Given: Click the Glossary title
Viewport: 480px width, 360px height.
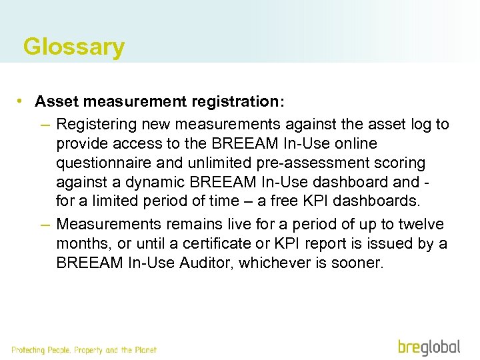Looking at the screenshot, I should click(x=73, y=47).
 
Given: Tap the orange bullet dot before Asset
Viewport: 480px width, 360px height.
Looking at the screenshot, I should click(x=22, y=101).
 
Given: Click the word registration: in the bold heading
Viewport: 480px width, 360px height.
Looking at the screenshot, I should click(x=237, y=102).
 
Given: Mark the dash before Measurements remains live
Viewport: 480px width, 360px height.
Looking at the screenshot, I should click(x=45, y=225).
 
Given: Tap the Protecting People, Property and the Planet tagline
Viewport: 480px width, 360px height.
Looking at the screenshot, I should click(x=84, y=349).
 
